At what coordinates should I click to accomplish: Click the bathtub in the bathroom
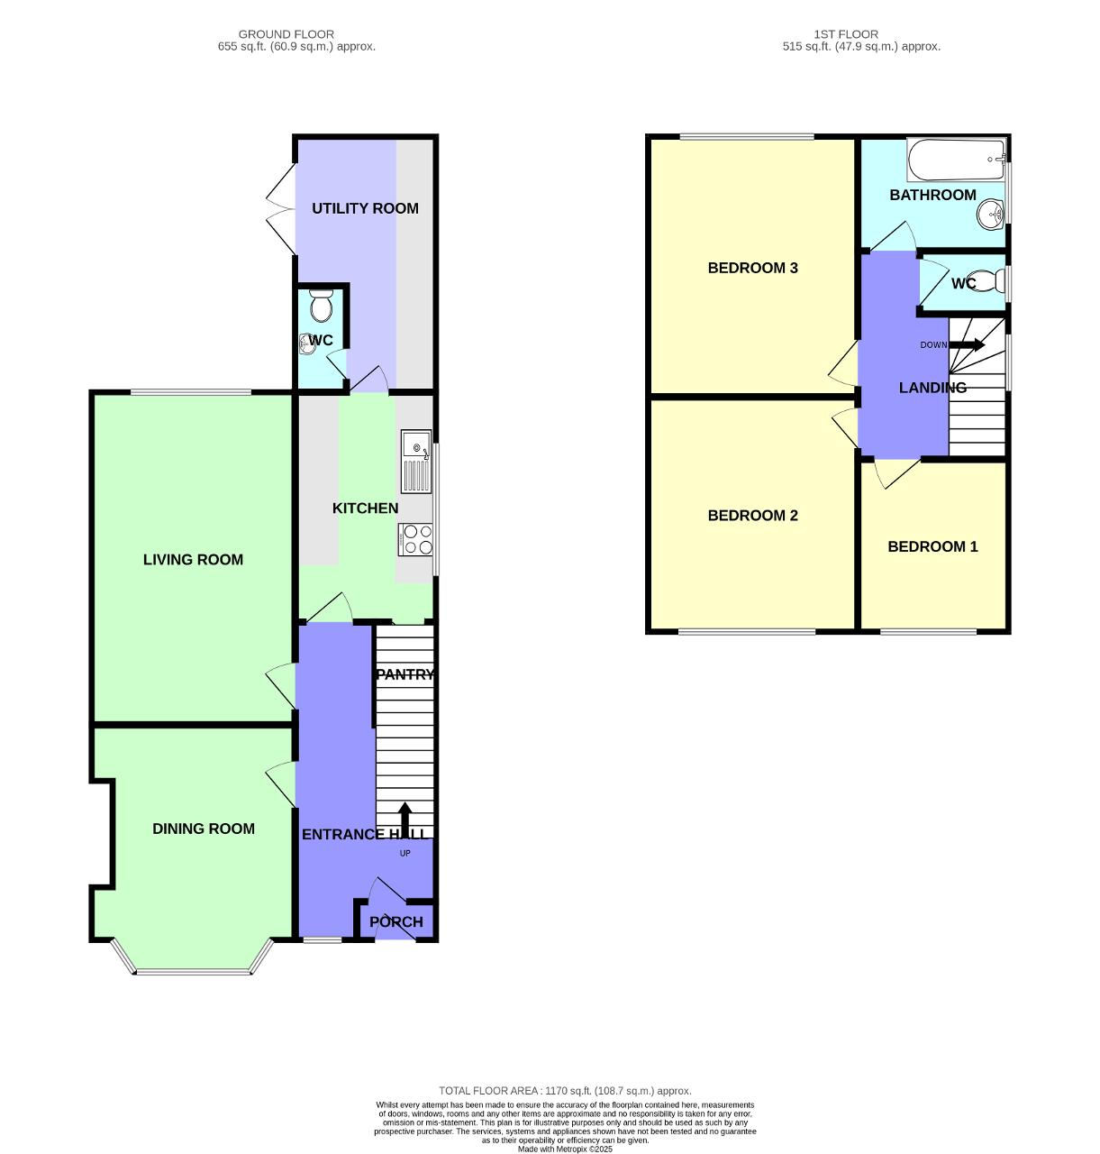coord(956,160)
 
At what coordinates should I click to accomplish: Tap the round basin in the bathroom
coord(991,215)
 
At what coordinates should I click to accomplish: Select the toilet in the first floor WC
coord(989,280)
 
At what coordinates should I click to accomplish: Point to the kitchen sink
coord(416,461)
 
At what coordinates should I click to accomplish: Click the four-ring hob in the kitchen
coord(416,539)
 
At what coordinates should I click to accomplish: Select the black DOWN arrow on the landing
coord(967,344)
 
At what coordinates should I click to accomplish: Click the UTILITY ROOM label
coord(365,208)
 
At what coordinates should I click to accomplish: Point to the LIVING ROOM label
coord(193,559)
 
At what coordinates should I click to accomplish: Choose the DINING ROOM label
coord(204,829)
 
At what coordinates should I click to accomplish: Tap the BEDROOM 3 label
coord(752,268)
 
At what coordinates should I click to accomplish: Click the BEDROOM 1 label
coord(932,546)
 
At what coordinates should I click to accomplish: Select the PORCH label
coord(396,921)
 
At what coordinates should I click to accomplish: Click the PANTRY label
coord(405,674)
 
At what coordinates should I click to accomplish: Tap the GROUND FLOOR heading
coord(286,34)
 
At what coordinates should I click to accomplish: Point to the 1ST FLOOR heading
coord(846,34)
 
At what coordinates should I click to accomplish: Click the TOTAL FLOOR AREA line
coord(565,1091)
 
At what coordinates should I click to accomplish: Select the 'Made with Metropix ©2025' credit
coord(565,1149)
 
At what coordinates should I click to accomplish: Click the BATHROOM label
coord(932,195)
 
